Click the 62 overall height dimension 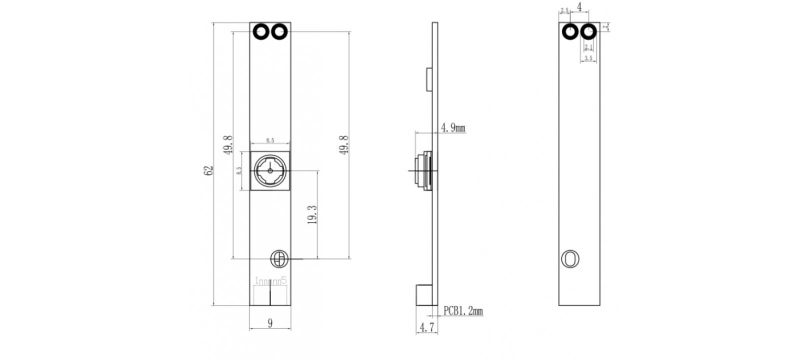[x=209, y=170]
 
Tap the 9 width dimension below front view [x=270, y=323]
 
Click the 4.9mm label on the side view [x=452, y=128]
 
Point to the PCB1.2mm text [x=463, y=311]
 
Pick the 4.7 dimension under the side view [x=426, y=327]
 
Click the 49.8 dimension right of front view [x=344, y=144]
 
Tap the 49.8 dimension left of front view [x=228, y=144]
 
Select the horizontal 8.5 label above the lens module [x=270, y=140]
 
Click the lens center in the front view [x=270, y=170]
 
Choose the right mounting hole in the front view [x=279, y=32]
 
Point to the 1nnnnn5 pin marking [x=270, y=281]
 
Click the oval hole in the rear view [x=570, y=259]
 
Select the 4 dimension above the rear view [x=579, y=7]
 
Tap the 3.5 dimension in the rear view [x=588, y=58]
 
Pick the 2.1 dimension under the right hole [x=588, y=47]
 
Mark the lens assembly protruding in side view [x=422, y=170]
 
